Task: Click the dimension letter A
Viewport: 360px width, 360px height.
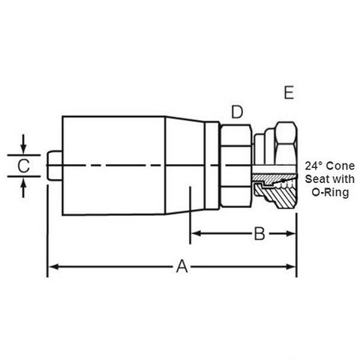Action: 181,266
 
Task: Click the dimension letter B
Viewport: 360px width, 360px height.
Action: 259,234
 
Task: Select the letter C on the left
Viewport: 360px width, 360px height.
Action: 24,166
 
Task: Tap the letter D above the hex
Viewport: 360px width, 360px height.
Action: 237,112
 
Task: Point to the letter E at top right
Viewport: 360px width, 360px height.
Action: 289,92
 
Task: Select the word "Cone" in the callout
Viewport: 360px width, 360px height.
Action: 340,166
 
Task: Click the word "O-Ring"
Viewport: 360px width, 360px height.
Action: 330,193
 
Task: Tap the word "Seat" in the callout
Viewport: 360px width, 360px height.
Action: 316,179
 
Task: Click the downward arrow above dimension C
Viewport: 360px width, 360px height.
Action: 23,145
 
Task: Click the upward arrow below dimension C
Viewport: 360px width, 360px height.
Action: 23,187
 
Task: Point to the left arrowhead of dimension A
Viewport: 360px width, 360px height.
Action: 53,266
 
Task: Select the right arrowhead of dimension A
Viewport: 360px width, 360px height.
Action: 291,266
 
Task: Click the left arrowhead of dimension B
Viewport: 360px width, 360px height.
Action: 196,234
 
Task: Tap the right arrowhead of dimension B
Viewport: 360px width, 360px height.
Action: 291,234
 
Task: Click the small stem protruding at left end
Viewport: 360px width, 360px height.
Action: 55,165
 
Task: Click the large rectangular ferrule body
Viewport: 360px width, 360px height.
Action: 114,165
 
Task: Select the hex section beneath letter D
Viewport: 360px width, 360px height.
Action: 235,166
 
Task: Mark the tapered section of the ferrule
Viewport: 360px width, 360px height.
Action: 185,165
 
